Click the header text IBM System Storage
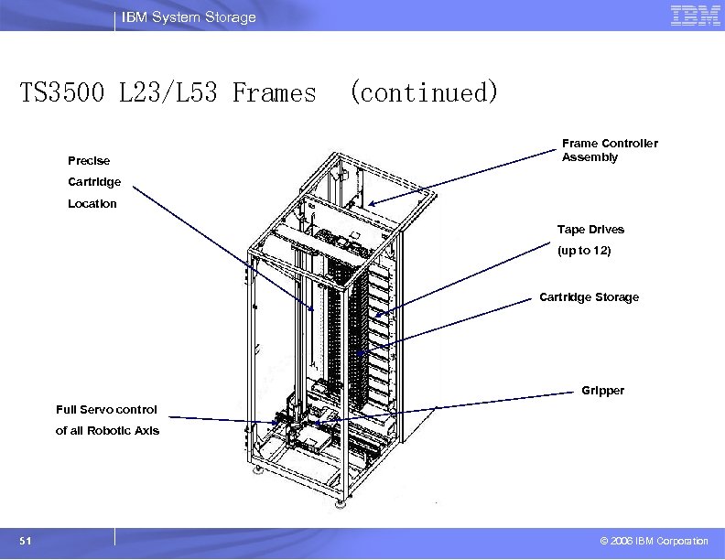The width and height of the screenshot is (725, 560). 189,17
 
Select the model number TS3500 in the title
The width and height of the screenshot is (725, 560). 64,92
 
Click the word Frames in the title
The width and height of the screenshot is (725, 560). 274,92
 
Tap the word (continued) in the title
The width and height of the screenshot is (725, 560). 424,92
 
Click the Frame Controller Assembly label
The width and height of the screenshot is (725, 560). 610,150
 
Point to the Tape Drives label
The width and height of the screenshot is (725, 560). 590,230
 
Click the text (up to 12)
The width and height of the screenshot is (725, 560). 584,250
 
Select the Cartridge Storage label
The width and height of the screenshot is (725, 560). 589,297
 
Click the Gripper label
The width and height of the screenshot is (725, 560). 602,391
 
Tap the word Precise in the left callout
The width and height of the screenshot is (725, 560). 89,161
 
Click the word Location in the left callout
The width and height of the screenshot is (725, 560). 92,204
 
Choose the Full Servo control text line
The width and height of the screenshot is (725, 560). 106,410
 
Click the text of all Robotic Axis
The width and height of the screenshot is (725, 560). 107,431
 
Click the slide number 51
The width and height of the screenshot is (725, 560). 25,542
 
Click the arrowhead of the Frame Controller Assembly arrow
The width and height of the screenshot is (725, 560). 372,204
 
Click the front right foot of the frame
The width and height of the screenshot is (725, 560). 340,502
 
